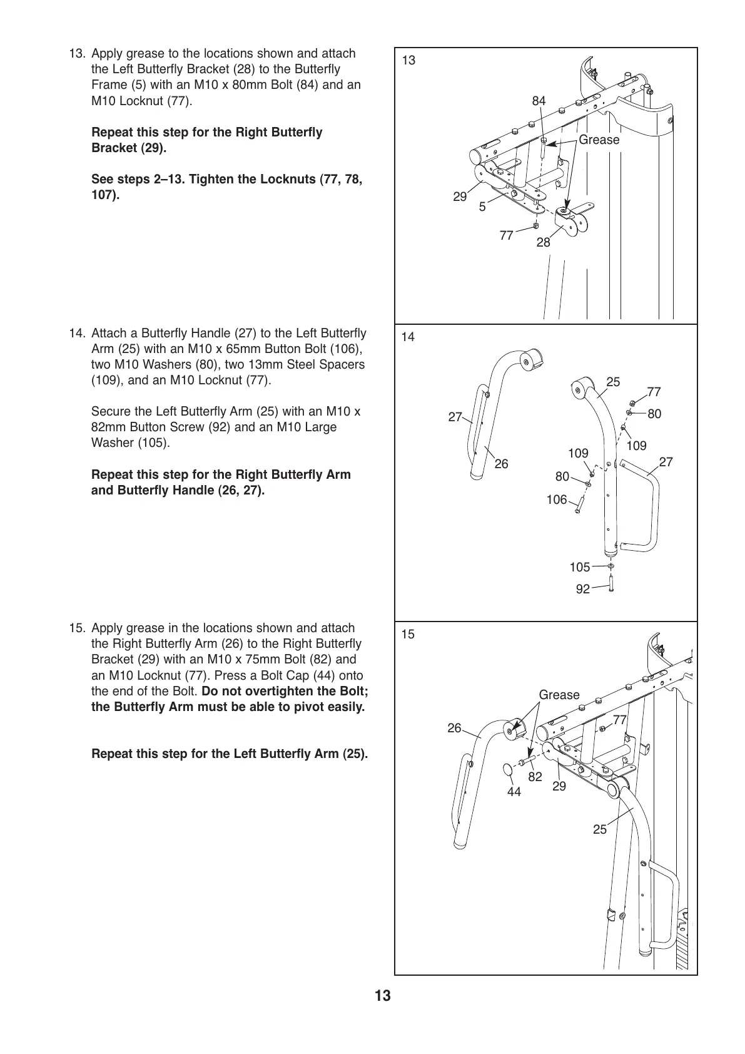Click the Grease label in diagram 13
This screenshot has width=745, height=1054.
pos(599,140)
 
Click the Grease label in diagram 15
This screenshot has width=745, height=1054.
pos(559,695)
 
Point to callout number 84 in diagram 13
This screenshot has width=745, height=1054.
pos(539,101)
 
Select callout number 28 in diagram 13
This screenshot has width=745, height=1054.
pos(543,242)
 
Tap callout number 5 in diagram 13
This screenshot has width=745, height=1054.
pos(482,207)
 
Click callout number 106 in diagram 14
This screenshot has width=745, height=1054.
pos(556,499)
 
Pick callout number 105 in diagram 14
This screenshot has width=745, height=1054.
pos(579,567)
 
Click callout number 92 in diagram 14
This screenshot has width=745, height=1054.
pos(582,589)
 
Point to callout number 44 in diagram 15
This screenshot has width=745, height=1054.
pos(514,792)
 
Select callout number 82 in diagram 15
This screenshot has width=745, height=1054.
pos(535,777)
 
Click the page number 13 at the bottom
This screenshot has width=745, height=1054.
pos(382,1013)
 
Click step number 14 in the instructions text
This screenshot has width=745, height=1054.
pos(78,333)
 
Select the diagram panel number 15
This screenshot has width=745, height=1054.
pos(408,634)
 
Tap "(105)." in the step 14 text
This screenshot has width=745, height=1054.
pos(153,443)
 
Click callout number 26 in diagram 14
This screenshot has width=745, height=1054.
pos(501,464)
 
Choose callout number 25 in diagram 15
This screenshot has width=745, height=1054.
pos(599,829)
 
